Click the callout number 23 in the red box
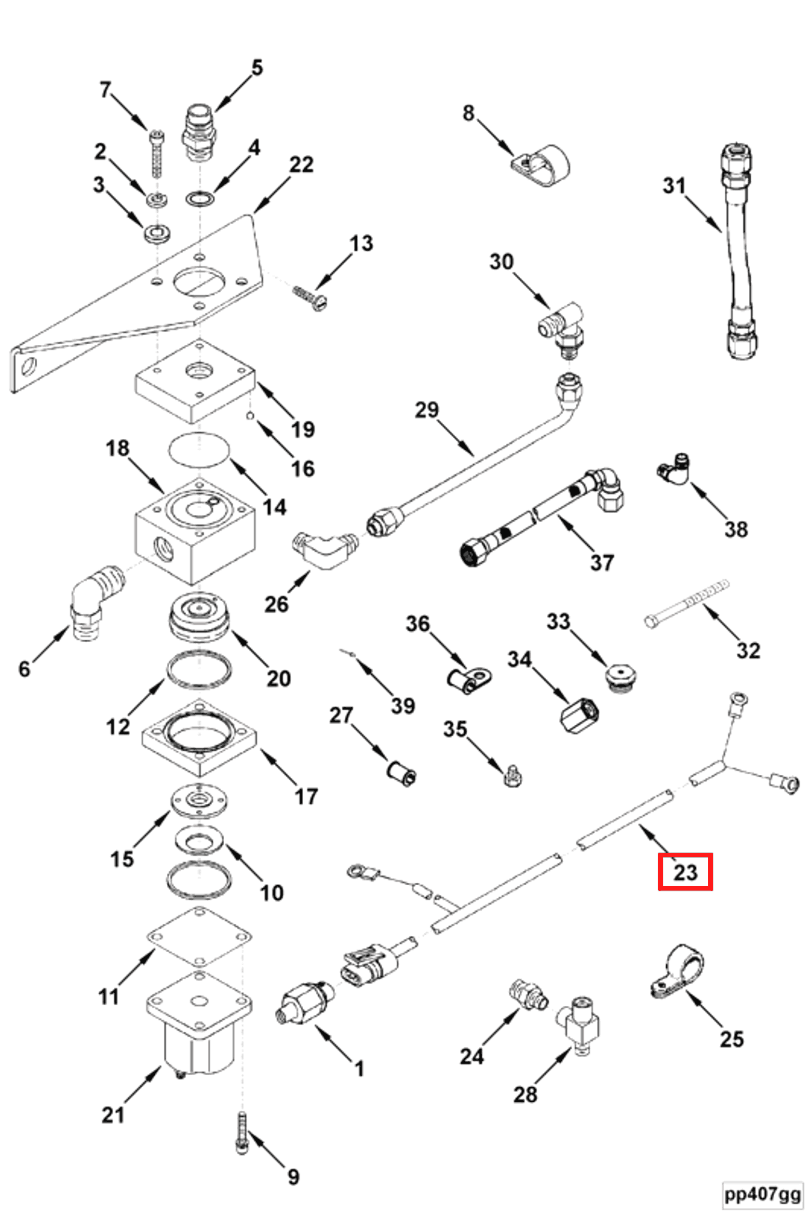[686, 872]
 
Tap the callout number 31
[675, 186]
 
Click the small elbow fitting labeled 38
[673, 469]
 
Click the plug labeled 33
[621, 678]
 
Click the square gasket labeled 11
[200, 936]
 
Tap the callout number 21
[113, 1115]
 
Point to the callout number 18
[118, 448]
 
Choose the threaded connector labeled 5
[199, 133]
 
